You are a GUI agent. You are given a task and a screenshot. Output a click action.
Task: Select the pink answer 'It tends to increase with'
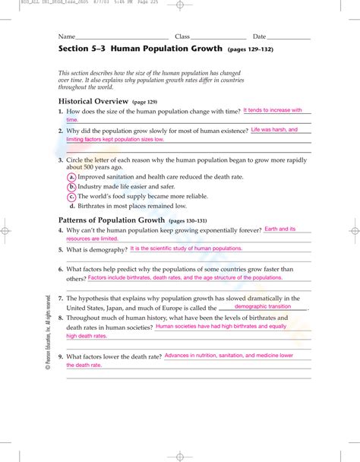pos(272,110)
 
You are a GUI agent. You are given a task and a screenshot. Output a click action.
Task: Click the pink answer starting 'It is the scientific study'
pos(186,248)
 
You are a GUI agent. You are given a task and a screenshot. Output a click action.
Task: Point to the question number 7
pos(60,298)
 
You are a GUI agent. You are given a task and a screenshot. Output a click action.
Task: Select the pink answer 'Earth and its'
pos(280,229)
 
